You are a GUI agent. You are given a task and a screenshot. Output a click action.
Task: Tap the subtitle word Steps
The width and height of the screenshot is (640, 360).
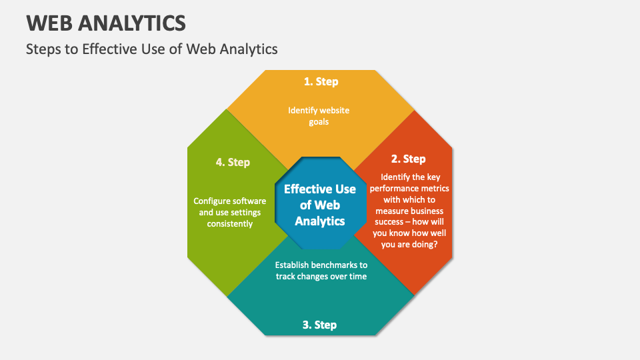43,49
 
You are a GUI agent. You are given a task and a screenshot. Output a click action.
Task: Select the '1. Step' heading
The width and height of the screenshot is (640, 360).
321,81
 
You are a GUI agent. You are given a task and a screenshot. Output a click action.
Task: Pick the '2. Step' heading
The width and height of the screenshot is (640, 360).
408,159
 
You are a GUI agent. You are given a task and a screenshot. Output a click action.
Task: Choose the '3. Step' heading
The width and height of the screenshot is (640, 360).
319,325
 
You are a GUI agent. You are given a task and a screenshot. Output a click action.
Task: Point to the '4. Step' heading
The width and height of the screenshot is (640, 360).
233,162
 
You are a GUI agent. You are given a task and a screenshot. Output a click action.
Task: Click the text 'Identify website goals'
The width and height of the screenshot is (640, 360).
319,116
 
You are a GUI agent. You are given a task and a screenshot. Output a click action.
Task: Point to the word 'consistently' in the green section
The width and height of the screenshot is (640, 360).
230,224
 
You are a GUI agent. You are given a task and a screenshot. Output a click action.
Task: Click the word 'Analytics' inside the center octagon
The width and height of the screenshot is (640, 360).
320,221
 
